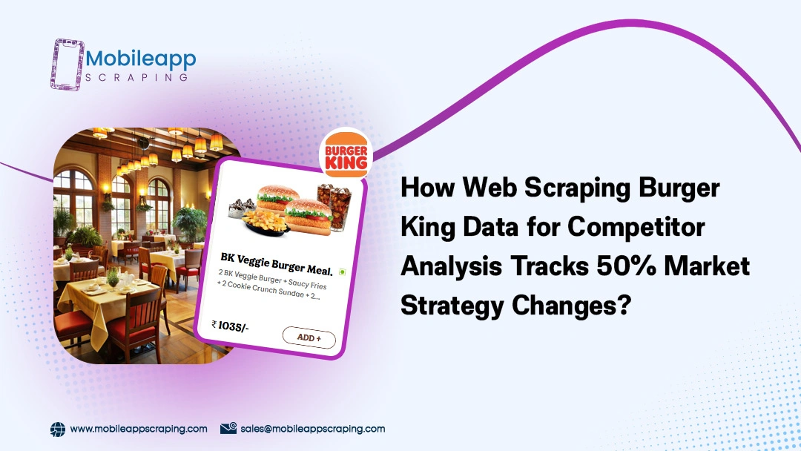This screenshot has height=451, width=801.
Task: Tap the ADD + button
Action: (309, 338)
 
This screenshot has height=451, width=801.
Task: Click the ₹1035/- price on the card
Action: (230, 326)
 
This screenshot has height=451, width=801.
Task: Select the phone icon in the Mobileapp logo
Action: (67, 65)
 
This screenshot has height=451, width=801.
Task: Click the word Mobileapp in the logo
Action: (140, 60)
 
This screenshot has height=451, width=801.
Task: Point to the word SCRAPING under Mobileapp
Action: (137, 78)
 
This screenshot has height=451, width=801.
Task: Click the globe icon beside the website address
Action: (58, 429)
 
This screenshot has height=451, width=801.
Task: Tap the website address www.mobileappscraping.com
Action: (139, 429)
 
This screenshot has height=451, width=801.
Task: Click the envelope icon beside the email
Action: (228, 428)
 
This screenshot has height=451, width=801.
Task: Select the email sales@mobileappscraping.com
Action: (313, 429)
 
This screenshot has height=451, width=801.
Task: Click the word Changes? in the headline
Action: (572, 306)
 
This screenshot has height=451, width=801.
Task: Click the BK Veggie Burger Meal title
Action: (277, 263)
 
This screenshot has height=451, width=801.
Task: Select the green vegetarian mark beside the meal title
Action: (342, 272)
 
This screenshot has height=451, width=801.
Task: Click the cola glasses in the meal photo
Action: (334, 205)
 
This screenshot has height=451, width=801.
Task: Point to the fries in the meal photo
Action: (265, 223)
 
